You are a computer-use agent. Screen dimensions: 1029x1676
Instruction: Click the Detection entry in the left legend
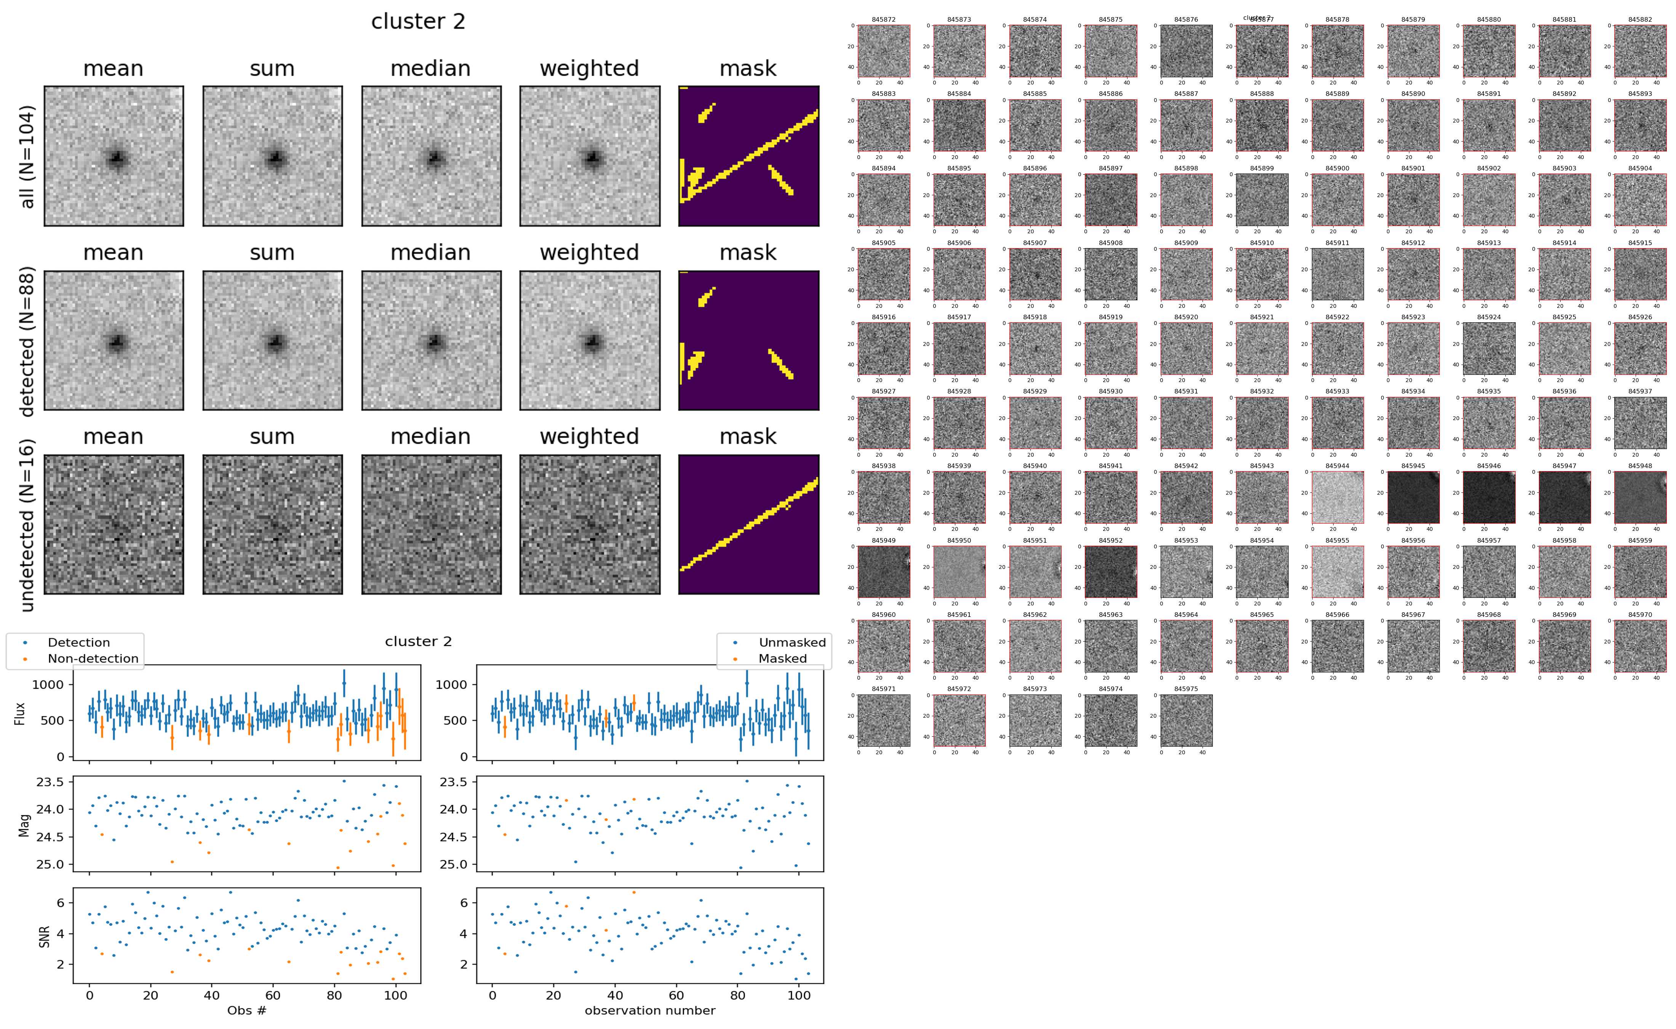pyautogui.click(x=78, y=642)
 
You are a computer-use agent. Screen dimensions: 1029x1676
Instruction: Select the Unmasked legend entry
pyautogui.click(x=792, y=642)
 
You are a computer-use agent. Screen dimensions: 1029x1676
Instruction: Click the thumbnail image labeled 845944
pyautogui.click(x=1337, y=497)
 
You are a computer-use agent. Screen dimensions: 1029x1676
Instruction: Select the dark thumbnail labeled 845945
pyautogui.click(x=1413, y=497)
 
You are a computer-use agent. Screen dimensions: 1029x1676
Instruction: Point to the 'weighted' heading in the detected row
pyautogui.click(x=589, y=252)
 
